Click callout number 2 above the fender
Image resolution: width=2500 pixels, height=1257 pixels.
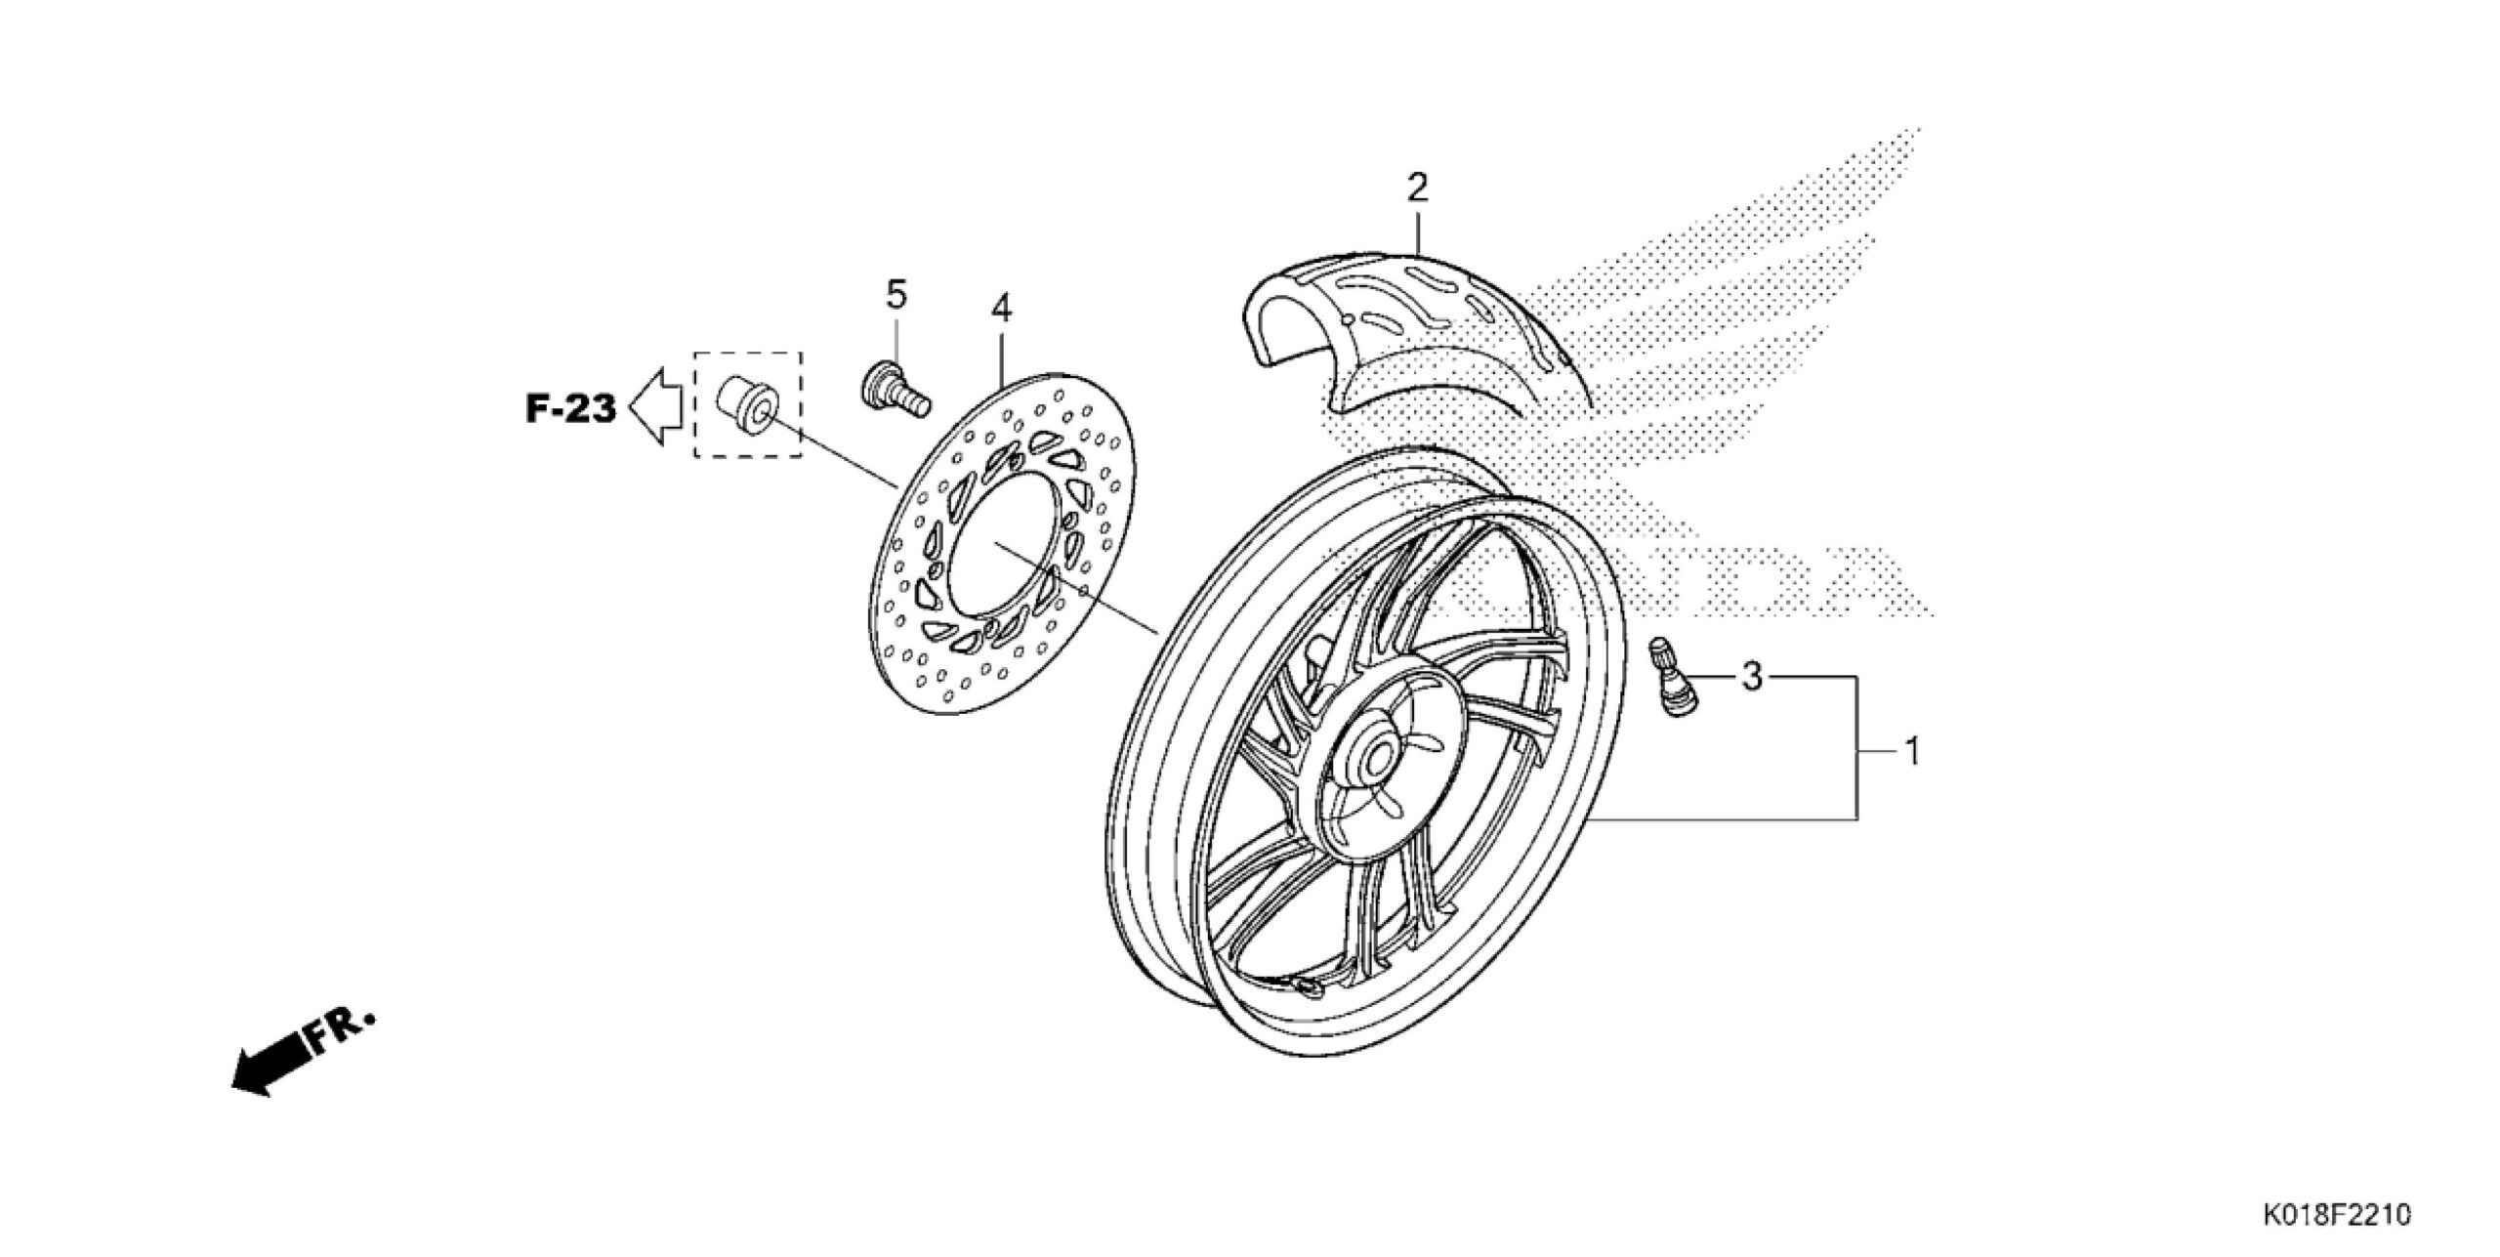click(1417, 187)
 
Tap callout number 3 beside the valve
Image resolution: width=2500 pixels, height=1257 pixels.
click(1752, 676)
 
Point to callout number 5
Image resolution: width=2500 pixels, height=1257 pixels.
click(896, 293)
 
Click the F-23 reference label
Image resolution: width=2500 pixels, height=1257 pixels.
click(571, 409)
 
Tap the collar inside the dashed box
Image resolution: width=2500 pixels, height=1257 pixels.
click(748, 409)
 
